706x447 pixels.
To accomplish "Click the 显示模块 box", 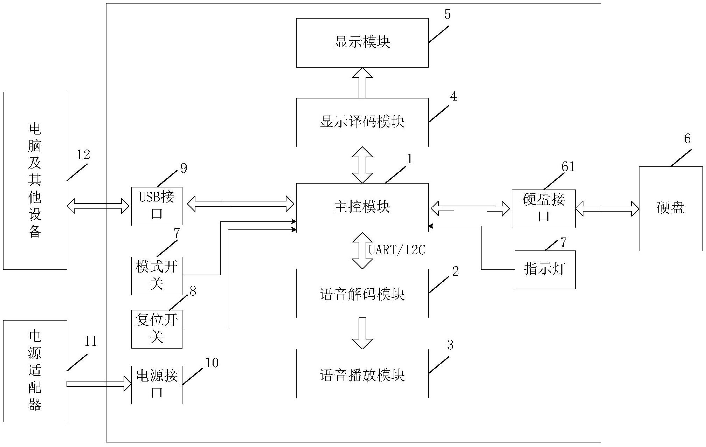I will click(x=362, y=43).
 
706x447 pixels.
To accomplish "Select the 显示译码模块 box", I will click(x=362, y=122).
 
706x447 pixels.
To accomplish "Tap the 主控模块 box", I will click(x=362, y=207).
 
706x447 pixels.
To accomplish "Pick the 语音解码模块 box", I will click(x=362, y=293).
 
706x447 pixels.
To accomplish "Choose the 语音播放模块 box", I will click(x=362, y=373).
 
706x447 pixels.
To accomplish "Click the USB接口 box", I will click(x=157, y=206).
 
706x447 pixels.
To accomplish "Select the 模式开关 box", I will click(x=157, y=276).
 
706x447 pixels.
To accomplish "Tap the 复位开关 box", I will click(x=157, y=329).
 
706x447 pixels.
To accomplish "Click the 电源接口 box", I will click(x=157, y=385).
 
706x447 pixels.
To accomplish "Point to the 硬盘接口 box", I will click(x=544, y=209).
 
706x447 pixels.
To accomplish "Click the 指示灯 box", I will click(x=545, y=269).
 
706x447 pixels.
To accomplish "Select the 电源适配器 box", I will click(x=35, y=371).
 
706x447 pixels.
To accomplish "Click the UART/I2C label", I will click(x=397, y=250).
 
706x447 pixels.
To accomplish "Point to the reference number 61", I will click(x=568, y=167).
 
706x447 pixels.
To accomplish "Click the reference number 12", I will click(x=83, y=154).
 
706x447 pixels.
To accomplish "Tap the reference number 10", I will click(x=212, y=363).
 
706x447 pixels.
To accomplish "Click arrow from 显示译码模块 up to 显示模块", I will click(x=362, y=83).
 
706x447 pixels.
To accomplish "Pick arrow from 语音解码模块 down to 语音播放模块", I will click(x=362, y=333).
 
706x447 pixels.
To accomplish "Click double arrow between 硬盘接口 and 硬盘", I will click(x=607, y=208).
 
